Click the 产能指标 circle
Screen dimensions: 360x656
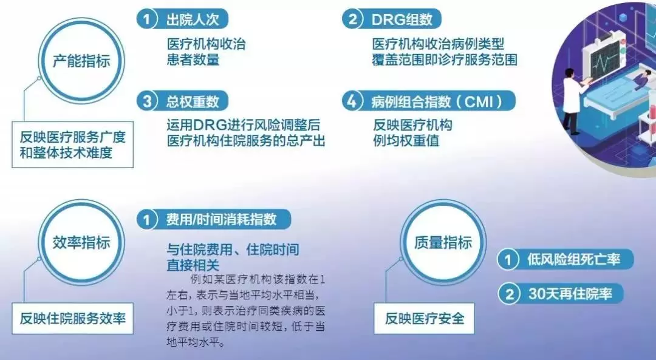(81, 61)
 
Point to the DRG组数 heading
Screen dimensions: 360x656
(402, 19)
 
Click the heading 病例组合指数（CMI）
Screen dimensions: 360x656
(437, 101)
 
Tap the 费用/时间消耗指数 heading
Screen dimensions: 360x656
(221, 219)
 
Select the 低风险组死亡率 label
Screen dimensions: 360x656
(573, 260)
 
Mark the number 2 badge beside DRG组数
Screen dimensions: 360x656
(352, 19)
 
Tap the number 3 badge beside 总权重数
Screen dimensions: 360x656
(146, 101)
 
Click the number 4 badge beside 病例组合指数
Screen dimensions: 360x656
(352, 101)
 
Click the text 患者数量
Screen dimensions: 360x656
(193, 59)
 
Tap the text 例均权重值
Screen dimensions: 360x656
(406, 141)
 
